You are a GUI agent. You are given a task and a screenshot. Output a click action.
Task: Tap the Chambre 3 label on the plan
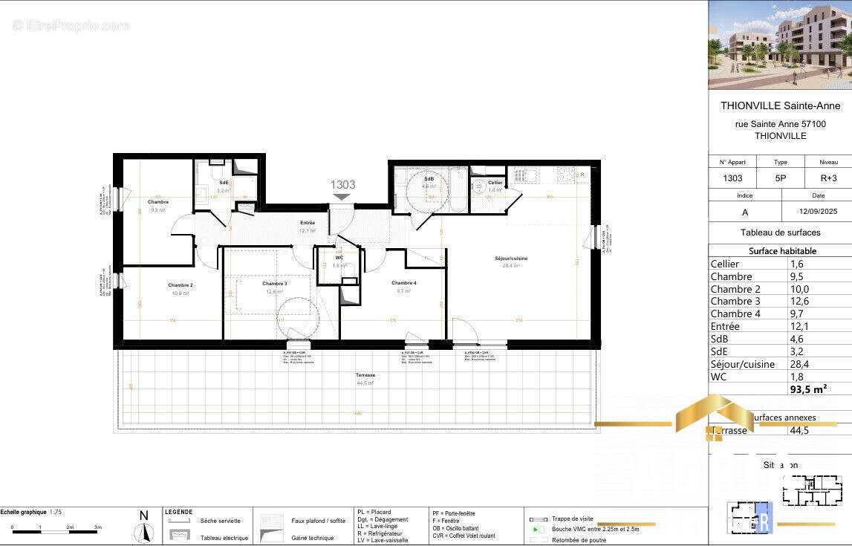point(274,284)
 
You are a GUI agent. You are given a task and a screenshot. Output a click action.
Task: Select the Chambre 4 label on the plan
point(403,283)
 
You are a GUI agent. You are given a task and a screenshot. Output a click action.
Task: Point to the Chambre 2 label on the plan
point(180,285)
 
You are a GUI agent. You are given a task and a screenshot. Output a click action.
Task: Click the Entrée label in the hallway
point(308,223)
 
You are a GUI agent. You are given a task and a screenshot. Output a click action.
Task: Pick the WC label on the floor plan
point(339,258)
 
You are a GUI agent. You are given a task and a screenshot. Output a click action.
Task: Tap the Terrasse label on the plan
point(365,375)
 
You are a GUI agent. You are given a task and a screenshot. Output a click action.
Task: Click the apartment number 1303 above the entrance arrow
point(342,185)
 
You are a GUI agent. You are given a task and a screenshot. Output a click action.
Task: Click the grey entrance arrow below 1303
point(342,197)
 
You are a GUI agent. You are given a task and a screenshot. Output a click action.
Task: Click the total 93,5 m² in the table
point(808,388)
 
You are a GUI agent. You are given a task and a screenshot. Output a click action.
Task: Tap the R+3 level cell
point(828,178)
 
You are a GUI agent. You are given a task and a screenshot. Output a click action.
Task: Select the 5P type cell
point(780,178)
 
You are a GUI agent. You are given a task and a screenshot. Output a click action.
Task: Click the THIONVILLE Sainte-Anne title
point(780,105)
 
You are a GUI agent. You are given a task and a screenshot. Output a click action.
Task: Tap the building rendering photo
point(780,45)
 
